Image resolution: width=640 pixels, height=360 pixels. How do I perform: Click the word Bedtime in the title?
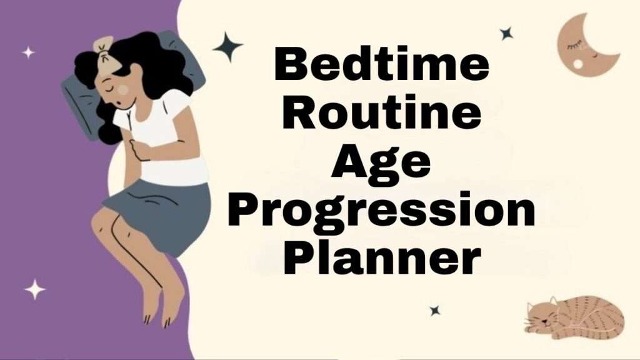[382, 66]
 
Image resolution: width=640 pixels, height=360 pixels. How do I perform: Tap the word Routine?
[382, 115]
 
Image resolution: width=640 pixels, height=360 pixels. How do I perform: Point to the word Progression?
[381, 211]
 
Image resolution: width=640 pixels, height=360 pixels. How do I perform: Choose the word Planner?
[381, 260]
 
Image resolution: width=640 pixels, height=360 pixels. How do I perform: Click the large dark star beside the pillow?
[227, 47]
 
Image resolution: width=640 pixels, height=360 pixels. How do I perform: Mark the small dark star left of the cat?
[434, 310]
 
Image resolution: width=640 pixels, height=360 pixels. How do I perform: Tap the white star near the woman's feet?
[35, 289]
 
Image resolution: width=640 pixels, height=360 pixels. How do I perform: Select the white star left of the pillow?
[28, 52]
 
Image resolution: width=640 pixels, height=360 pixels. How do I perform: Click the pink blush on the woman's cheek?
[123, 90]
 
